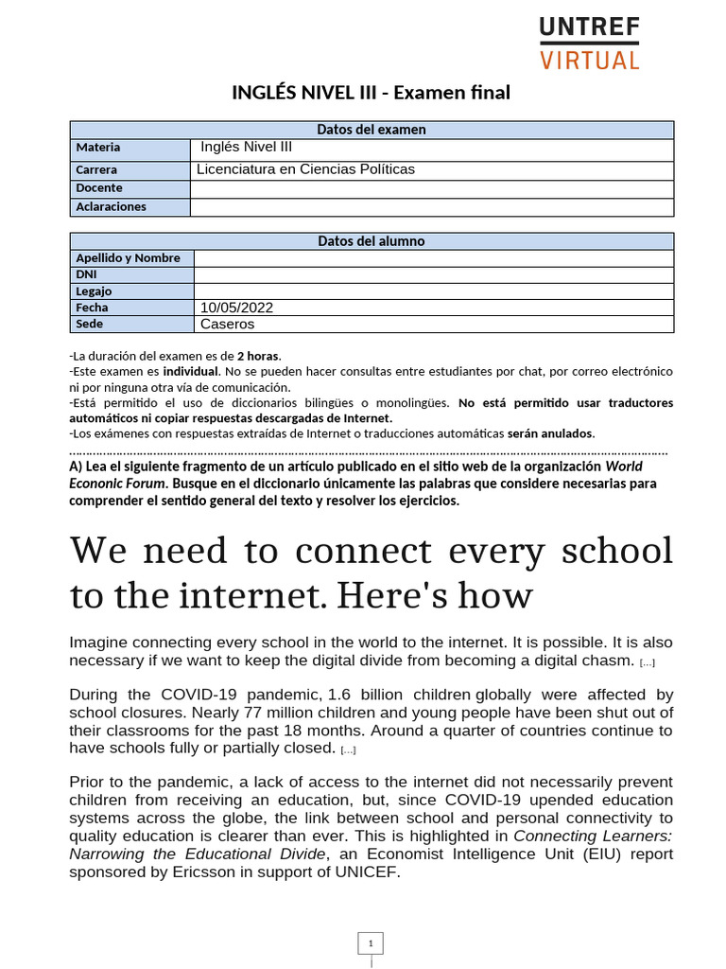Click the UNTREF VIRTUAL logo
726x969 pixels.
click(x=589, y=43)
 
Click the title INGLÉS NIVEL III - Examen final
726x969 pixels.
click(x=371, y=93)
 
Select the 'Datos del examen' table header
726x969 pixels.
click(x=372, y=130)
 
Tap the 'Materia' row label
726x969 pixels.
click(x=98, y=148)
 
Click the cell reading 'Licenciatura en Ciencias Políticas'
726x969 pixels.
click(x=305, y=169)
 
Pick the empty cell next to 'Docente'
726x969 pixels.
click(x=432, y=188)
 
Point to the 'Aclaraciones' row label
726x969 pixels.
click(x=111, y=206)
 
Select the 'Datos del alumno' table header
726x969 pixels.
click(x=372, y=241)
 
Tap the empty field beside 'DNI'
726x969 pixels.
click(x=433, y=274)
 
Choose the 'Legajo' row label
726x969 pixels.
click(x=94, y=291)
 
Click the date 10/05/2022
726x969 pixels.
click(x=236, y=308)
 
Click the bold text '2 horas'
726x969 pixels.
click(x=258, y=356)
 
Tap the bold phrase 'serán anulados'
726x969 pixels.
click(x=551, y=433)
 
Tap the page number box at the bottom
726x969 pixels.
click(x=371, y=943)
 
